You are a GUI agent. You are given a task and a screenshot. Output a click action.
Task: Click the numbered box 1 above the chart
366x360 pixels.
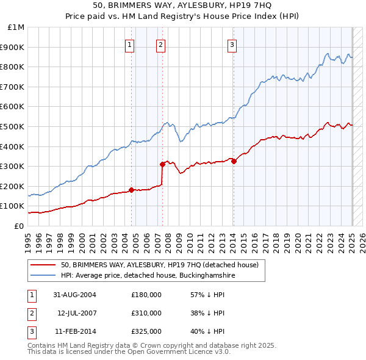point(131,44)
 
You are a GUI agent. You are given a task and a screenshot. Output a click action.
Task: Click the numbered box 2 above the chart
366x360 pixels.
point(160,44)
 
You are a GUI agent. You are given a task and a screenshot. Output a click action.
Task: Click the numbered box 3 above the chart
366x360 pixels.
point(232,44)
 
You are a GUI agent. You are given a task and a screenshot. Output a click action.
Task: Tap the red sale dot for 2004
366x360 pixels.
point(131,190)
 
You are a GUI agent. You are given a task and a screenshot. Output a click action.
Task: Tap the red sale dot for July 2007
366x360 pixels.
point(163,164)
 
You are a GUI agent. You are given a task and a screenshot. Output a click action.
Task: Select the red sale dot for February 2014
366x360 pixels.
point(234,161)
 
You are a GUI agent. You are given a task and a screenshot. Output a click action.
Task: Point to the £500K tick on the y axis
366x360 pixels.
point(14,126)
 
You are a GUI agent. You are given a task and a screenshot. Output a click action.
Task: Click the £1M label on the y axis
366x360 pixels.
point(16,27)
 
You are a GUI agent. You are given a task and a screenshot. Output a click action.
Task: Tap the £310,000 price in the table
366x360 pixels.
point(146,313)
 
